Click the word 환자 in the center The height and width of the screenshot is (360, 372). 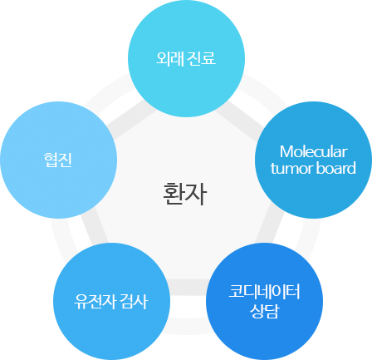(185, 194)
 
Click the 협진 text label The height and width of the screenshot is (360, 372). (58, 160)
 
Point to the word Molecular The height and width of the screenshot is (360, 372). (313, 152)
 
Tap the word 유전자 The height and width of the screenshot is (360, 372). (95, 302)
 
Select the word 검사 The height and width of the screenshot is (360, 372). (135, 302)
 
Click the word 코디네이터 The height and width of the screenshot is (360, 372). (264, 292)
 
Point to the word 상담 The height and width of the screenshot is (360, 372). (264, 311)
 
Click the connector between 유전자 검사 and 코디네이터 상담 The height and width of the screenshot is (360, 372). (188, 287)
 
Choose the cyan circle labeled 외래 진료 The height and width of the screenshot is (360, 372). (186, 58)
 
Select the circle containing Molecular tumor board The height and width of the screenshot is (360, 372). (313, 160)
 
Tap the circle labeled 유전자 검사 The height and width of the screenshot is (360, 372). (111, 302)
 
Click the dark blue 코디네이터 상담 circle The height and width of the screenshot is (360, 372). (264, 302)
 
